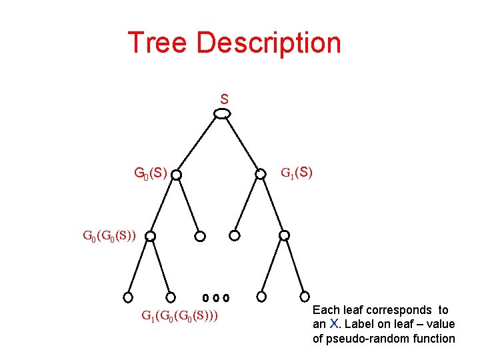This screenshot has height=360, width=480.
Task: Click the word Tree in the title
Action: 157,43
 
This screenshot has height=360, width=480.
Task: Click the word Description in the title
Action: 269,43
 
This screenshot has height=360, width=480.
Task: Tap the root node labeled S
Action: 222,114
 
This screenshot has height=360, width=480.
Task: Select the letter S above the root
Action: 225,99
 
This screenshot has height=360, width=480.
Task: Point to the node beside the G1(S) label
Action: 261,175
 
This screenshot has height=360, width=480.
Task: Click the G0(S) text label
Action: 150,174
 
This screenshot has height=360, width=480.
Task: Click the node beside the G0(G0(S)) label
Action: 151,236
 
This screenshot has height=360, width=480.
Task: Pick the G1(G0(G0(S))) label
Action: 180,315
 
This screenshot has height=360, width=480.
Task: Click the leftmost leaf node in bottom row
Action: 128,297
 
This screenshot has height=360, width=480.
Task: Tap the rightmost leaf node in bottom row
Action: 305,297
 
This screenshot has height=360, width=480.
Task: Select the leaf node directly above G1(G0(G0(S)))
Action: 171,297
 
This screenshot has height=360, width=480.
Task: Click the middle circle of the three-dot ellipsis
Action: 217,297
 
